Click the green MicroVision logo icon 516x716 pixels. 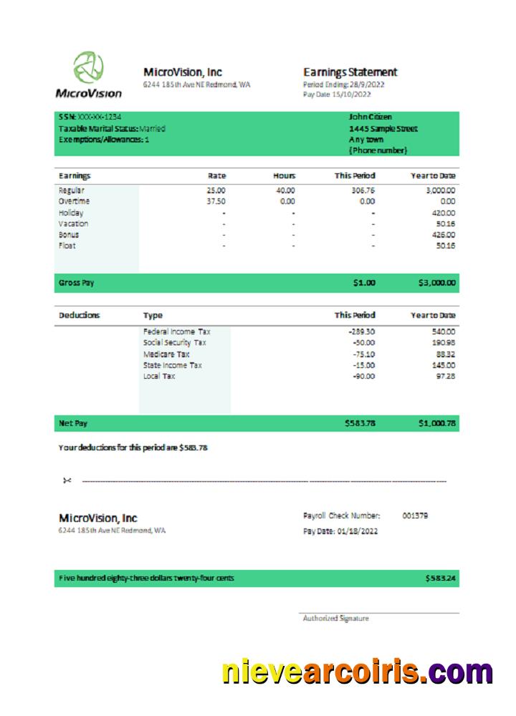pos(89,67)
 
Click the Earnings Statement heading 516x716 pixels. pos(350,72)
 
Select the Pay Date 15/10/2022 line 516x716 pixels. pos(337,94)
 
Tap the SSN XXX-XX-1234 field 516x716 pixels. pos(90,117)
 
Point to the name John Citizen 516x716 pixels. pos(370,117)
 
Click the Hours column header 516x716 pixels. pos(284,175)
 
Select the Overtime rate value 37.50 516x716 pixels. pos(216,202)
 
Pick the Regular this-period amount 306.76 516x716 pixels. pos(363,191)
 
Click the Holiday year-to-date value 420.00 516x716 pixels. pos(444,213)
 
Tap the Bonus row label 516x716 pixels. pos(69,235)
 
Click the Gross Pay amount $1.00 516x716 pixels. pos(363,283)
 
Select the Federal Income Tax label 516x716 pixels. pos(176,332)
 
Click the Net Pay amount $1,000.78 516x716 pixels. pos(436,423)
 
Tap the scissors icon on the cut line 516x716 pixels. pos(67,480)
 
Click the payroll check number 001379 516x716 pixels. pos(415,516)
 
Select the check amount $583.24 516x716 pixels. pos(440,578)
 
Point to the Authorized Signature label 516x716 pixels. pos(335,618)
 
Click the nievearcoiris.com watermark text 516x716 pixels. pos(356,672)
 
